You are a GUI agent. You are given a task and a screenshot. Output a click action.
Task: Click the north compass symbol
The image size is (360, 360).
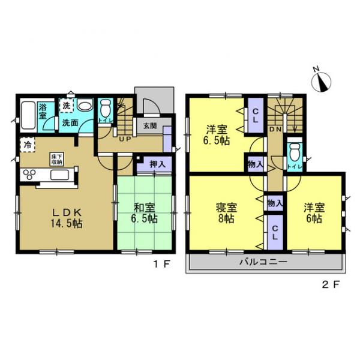323,81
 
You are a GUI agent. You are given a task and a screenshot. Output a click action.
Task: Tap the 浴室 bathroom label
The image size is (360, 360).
43,111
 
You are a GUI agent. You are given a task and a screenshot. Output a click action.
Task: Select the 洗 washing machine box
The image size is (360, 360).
67,106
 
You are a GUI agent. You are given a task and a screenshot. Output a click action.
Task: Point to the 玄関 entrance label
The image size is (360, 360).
149,126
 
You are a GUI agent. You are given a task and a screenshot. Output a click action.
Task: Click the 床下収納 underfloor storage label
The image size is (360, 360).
56,159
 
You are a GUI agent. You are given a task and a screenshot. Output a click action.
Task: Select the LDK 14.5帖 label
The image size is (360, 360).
66,218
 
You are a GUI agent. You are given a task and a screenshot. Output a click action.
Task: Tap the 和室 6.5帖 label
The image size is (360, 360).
145,214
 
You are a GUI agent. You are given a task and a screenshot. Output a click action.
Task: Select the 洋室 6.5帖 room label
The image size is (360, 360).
217,135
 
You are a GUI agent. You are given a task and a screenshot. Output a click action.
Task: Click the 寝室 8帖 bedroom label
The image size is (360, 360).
226,214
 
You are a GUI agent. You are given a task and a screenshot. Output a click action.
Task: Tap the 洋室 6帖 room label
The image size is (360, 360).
313,214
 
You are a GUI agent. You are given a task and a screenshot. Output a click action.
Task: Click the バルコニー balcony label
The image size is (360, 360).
264,262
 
